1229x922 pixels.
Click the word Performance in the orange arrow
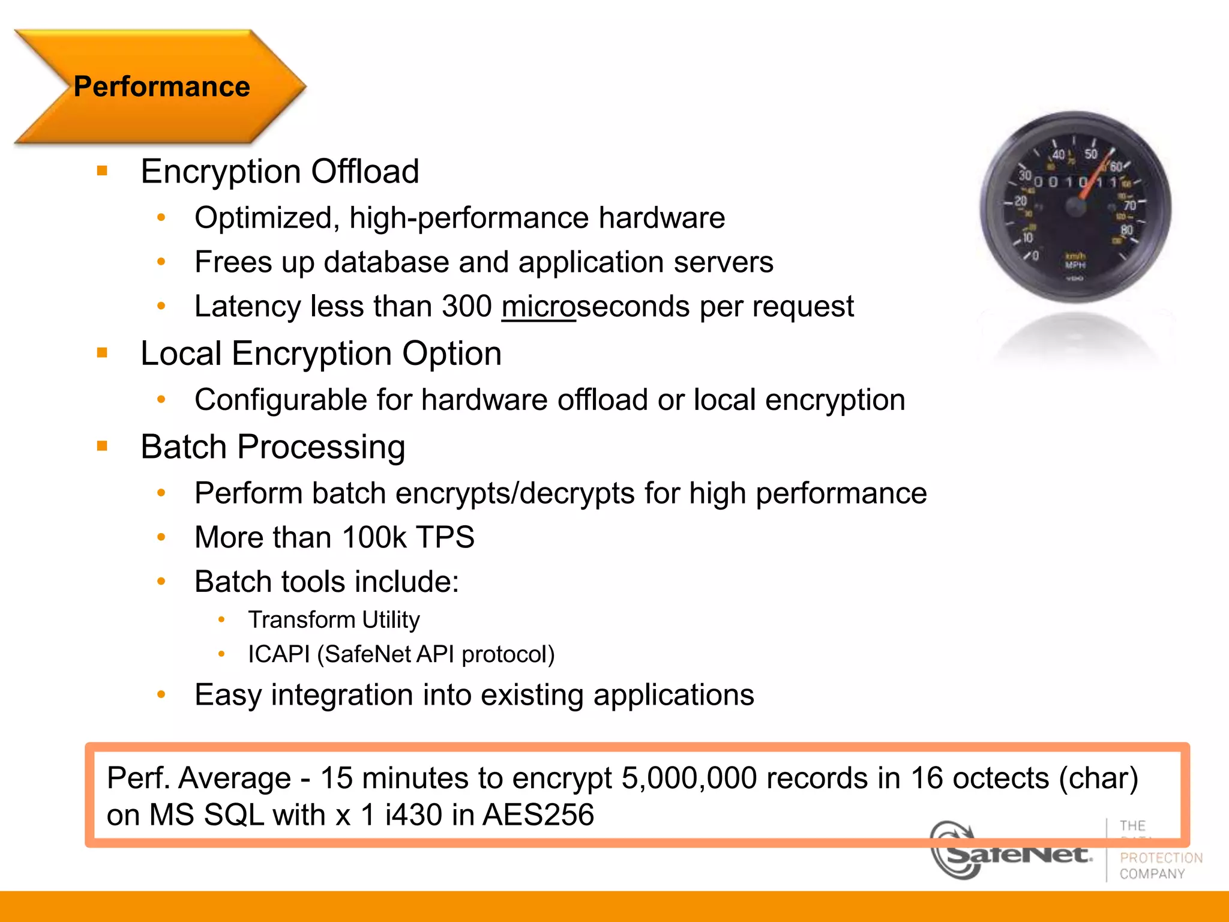point(161,86)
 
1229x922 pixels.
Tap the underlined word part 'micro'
point(538,307)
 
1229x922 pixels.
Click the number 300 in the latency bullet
point(466,307)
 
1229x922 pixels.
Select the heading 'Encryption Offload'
point(280,172)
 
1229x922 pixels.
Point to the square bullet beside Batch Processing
point(102,446)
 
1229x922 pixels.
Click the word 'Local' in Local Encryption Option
point(181,354)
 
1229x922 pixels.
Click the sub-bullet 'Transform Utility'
point(334,619)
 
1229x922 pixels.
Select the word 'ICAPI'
point(278,654)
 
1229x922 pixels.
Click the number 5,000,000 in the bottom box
point(690,779)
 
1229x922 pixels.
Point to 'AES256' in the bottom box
point(538,815)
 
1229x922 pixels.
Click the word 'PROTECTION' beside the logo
point(1161,858)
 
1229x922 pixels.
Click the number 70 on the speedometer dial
point(1130,205)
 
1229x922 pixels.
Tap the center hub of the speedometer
point(1075,207)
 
